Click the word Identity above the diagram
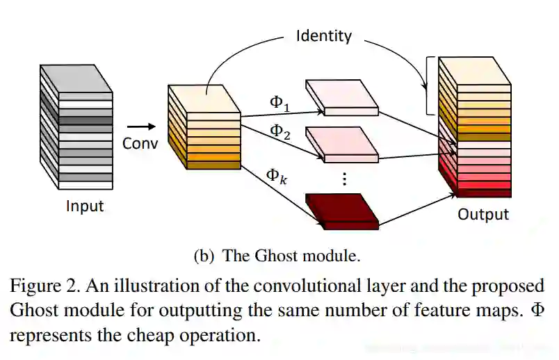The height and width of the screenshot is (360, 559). (x=324, y=35)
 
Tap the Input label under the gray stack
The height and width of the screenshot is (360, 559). (x=84, y=206)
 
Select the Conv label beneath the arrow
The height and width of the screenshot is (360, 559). (x=140, y=144)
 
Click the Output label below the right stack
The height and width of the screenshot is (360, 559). (x=483, y=214)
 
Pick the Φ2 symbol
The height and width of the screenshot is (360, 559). (x=280, y=131)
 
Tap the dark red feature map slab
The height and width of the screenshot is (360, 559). (x=343, y=211)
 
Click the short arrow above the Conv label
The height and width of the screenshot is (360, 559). (x=142, y=126)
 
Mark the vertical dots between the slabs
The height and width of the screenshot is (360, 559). (x=343, y=179)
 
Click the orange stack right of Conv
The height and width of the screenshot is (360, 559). (x=204, y=126)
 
